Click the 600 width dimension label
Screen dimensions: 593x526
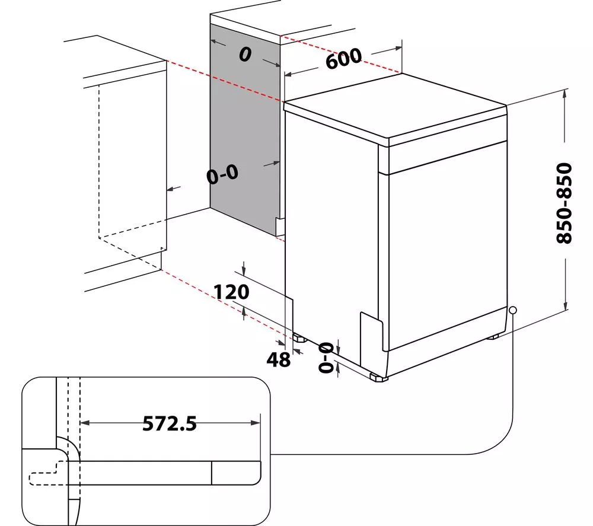click(x=343, y=58)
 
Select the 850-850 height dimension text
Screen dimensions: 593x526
click(x=565, y=203)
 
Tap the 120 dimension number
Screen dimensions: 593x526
click(x=231, y=292)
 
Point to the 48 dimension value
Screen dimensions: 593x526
click(x=279, y=359)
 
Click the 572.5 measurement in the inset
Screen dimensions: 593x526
click(x=170, y=423)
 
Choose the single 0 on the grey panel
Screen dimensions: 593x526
click(x=245, y=55)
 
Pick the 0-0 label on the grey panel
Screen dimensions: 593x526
click(x=223, y=174)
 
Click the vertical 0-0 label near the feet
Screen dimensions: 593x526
click(x=326, y=357)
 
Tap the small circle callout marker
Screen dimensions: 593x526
click(x=513, y=310)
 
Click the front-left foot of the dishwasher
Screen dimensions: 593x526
click(x=378, y=377)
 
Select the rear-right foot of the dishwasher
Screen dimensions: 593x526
click(x=492, y=336)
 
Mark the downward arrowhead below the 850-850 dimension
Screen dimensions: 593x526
click(x=565, y=305)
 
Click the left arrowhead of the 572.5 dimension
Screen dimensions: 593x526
click(x=85, y=423)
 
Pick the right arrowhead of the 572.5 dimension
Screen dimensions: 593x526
click(x=256, y=423)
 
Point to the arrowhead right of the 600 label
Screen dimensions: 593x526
click(x=397, y=48)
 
